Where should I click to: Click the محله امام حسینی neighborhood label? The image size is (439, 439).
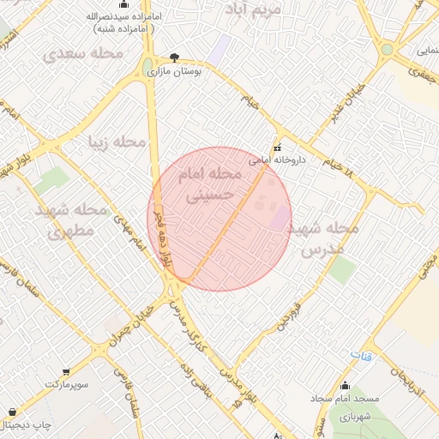click(x=210, y=184)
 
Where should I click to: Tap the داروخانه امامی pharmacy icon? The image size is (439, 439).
click(x=277, y=147)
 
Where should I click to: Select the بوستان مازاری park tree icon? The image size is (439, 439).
click(x=175, y=57)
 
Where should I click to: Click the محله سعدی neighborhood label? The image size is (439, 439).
click(x=83, y=53)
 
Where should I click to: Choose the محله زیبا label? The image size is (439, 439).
click(x=118, y=141)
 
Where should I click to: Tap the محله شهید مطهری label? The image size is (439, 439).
click(x=71, y=220)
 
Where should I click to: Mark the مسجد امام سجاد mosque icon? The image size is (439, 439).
click(x=345, y=385)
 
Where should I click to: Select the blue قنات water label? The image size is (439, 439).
click(x=362, y=355)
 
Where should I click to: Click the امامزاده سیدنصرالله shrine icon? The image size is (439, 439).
click(x=90, y=16)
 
